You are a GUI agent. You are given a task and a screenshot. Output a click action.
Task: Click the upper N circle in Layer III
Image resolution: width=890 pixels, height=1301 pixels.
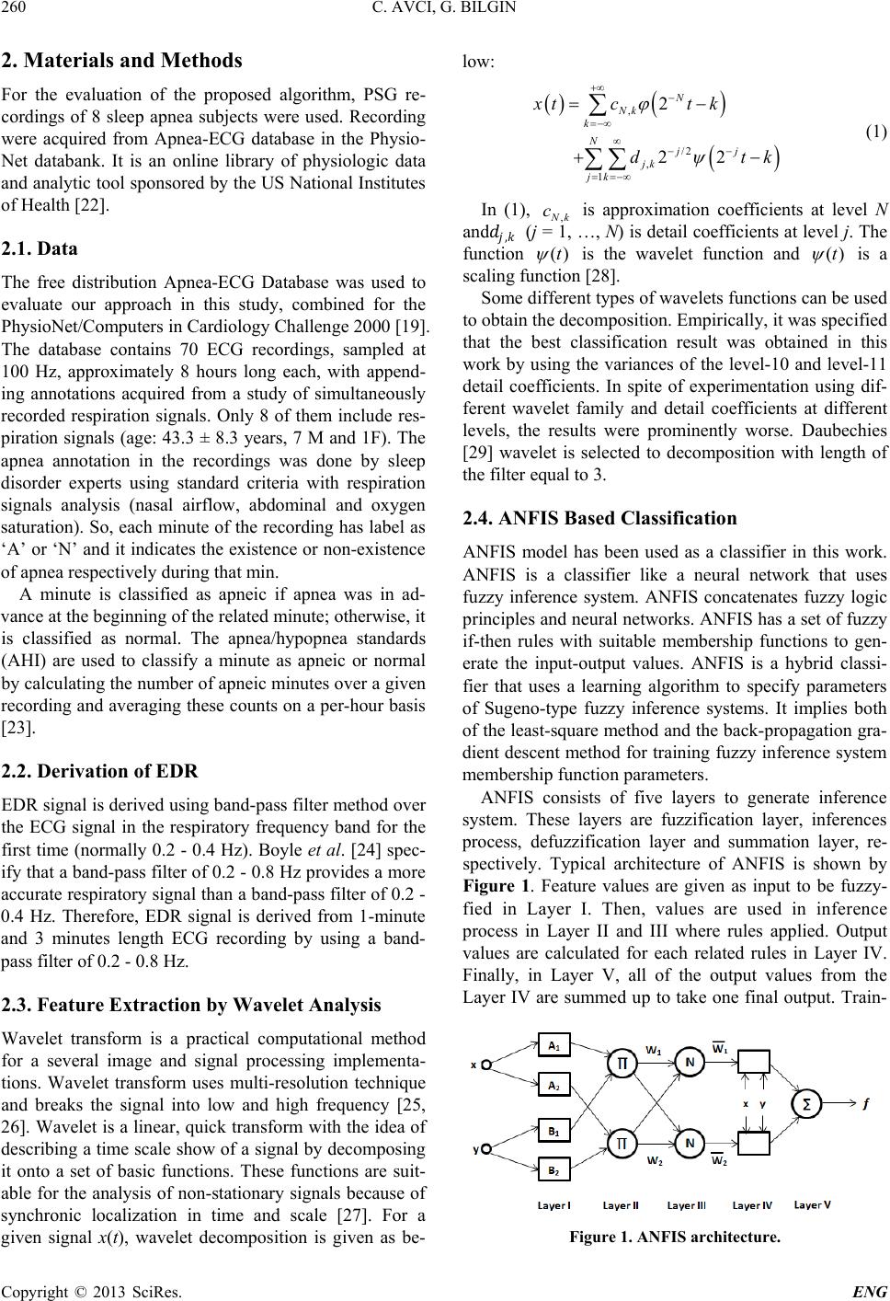click(x=690, y=1034)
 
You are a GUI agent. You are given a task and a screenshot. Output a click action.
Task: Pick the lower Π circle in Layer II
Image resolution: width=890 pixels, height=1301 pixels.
click(x=622, y=1144)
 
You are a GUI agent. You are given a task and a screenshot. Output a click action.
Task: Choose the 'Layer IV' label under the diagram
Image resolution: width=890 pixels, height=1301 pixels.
click(x=753, y=1205)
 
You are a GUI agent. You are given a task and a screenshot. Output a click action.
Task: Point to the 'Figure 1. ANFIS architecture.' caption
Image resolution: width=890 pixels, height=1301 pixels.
click(x=675, y=1237)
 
